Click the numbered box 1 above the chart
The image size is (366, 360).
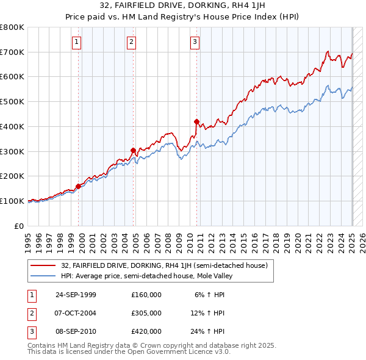[76, 42]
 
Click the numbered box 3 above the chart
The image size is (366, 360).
[195, 42]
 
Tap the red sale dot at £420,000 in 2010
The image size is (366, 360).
[196, 121]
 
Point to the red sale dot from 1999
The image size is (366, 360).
[79, 186]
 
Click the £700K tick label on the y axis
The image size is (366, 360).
[12, 52]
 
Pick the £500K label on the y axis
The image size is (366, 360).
[12, 102]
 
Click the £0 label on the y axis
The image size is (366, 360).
[20, 226]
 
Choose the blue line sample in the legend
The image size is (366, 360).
[44, 276]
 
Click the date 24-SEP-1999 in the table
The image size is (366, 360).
[76, 295]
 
